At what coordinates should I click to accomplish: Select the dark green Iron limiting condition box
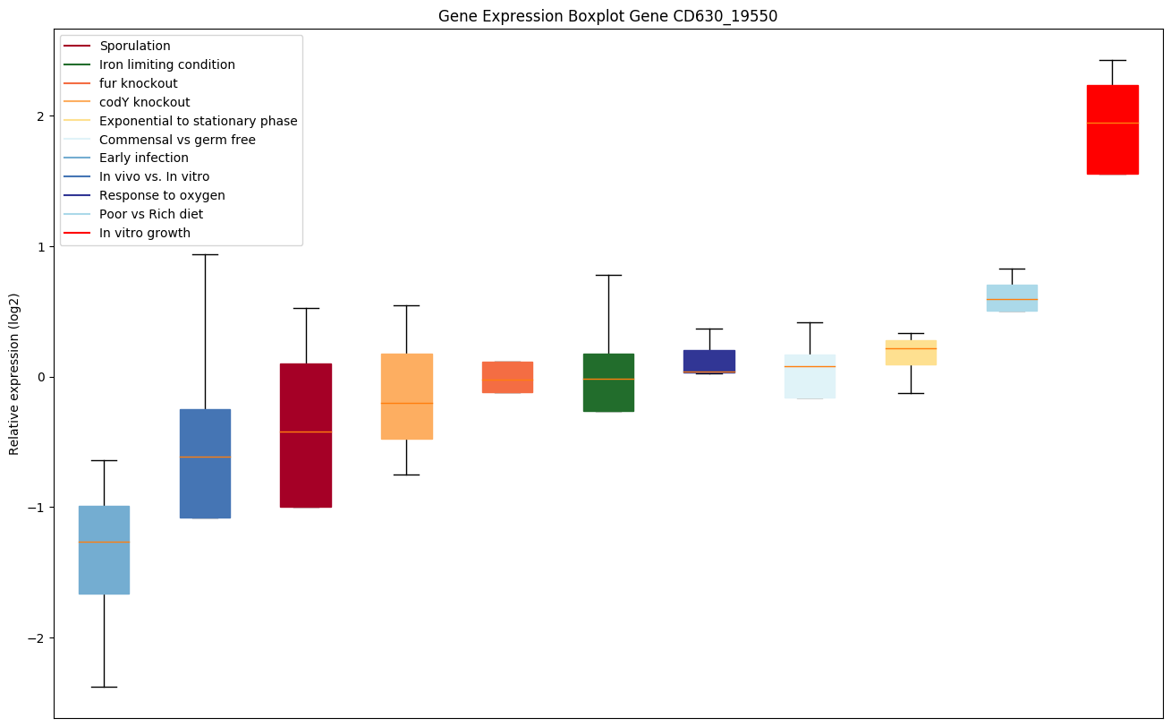(608, 382)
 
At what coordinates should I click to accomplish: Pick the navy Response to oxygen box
(709, 361)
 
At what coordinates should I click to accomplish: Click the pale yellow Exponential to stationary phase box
(911, 352)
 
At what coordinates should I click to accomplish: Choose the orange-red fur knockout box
(507, 377)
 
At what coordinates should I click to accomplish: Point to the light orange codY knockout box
(407, 396)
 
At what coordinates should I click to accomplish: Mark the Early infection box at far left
(104, 550)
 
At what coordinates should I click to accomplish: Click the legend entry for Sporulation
(135, 46)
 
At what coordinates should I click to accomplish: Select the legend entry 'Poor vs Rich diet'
(151, 214)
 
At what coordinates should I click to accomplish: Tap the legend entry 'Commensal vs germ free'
(177, 140)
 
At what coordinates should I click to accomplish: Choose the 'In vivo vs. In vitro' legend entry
(154, 176)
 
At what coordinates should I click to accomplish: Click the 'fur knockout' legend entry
(139, 83)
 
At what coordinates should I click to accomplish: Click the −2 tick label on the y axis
(37, 637)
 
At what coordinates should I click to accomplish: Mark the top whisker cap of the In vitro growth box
(1112, 60)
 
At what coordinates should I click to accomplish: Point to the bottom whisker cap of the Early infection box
(104, 687)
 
